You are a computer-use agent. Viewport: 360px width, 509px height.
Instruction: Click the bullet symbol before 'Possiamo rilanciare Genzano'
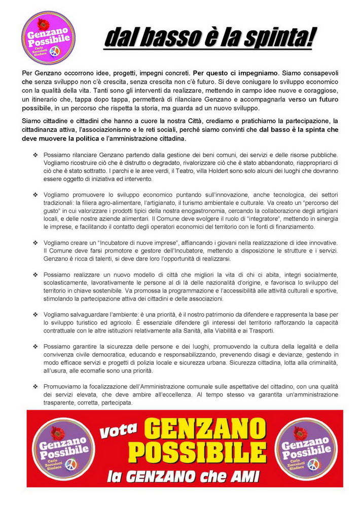pyautogui.click(x=35, y=154)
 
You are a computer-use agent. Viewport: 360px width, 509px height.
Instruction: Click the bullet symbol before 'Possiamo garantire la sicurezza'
pyautogui.click(x=35, y=347)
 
